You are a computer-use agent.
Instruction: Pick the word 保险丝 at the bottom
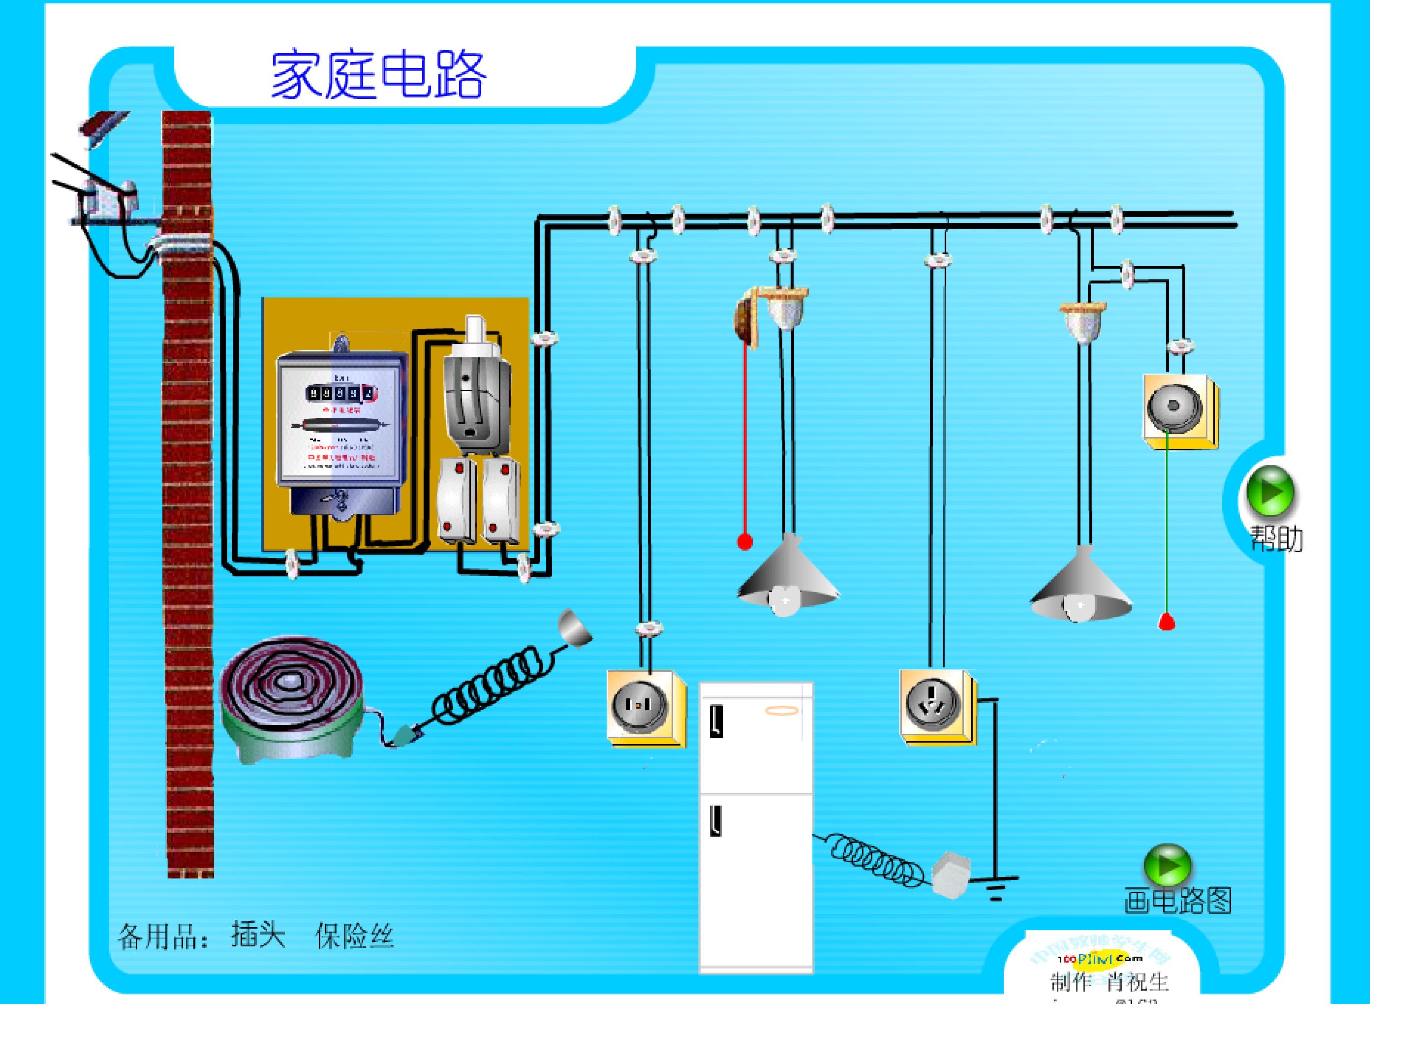354,937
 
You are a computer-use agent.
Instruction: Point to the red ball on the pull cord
744,542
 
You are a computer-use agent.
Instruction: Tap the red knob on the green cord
1167,621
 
